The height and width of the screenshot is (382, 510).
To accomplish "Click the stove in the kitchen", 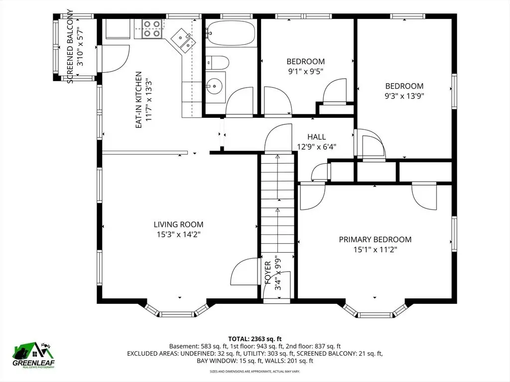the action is click(x=152, y=28).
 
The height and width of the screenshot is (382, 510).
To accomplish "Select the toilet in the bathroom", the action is click(x=217, y=62).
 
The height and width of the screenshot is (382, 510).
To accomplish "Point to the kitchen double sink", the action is click(x=184, y=40).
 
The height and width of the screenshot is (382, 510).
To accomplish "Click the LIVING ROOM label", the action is click(x=179, y=224).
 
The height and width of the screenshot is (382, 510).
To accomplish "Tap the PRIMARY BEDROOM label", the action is click(x=375, y=240).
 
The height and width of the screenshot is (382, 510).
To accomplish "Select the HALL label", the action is click(x=316, y=137).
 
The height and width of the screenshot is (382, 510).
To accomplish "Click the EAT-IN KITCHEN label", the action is click(x=138, y=99).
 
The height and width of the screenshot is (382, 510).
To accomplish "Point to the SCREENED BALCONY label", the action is click(x=70, y=46).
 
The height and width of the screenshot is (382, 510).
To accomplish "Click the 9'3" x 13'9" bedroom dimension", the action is click(x=404, y=96).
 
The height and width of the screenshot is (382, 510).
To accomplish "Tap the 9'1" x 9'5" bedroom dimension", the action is click(x=306, y=72).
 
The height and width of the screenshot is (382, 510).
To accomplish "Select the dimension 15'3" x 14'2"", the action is click(x=179, y=235).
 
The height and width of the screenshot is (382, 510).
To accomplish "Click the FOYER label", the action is click(x=268, y=273).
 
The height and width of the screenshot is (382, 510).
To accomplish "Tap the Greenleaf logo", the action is click(x=33, y=355).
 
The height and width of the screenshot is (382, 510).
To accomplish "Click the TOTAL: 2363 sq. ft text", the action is click(x=255, y=339).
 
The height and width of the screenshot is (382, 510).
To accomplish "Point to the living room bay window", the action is click(x=176, y=310).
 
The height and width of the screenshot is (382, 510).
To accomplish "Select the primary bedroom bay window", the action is click(x=375, y=310).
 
